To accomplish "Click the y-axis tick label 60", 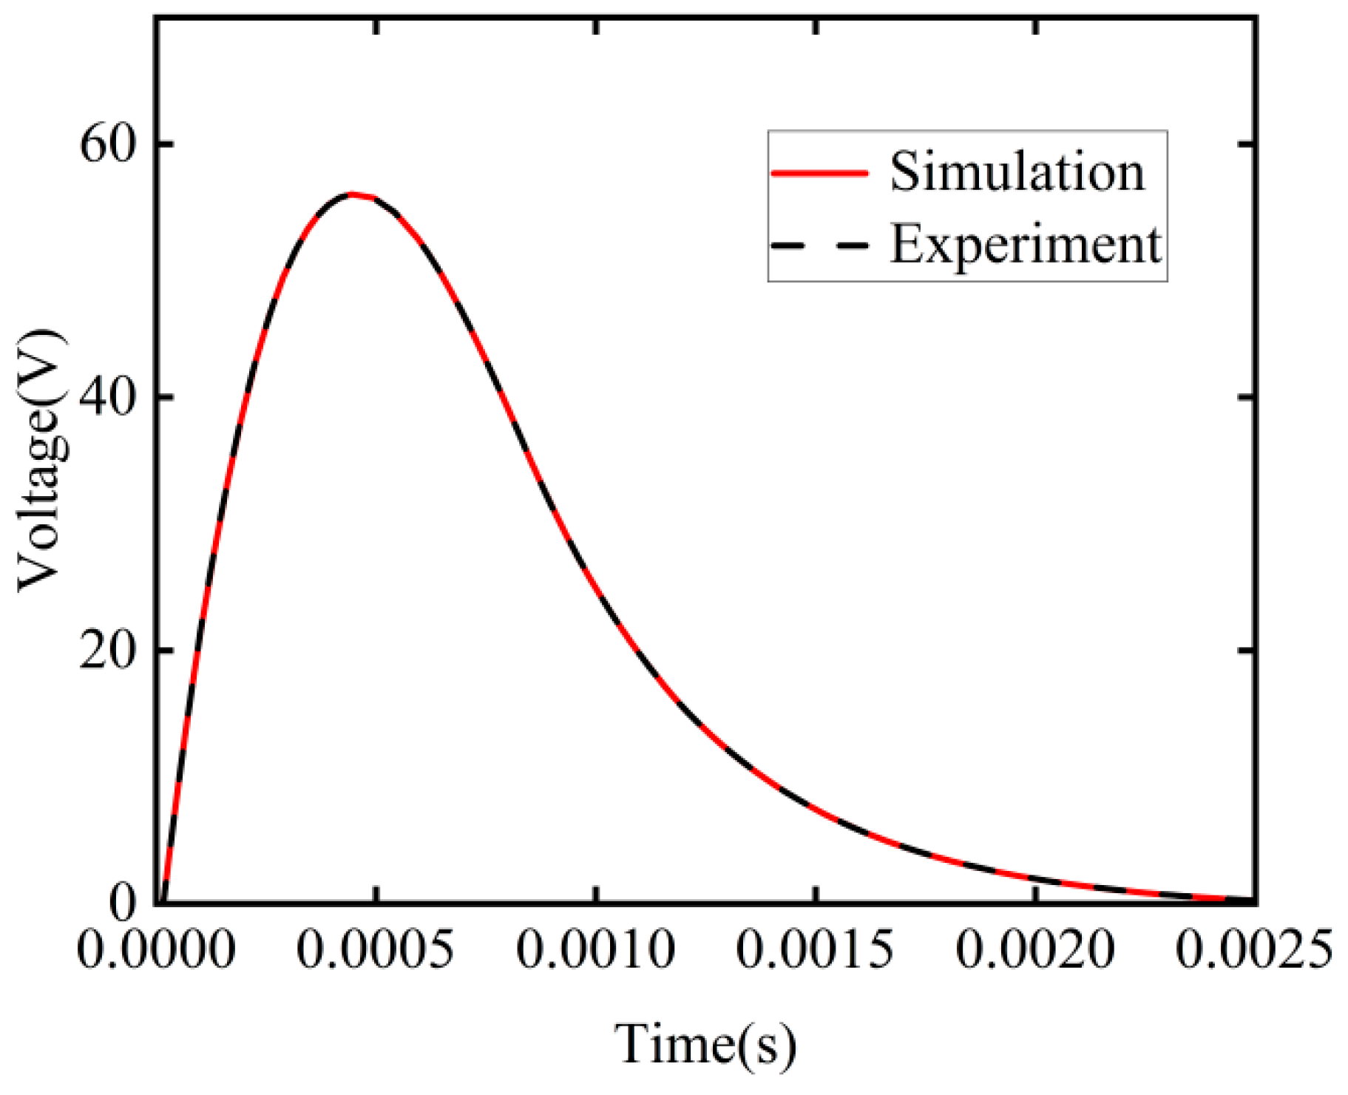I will click(109, 143).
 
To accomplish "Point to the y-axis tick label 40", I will click(109, 397).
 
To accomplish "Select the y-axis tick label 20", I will click(109, 651).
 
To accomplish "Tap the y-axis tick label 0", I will click(124, 902).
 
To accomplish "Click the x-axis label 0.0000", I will click(156, 949).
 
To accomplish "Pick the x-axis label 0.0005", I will click(376, 949).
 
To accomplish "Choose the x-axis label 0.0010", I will click(595, 949).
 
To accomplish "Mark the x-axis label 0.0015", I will click(815, 949).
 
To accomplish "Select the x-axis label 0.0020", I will click(1035, 949).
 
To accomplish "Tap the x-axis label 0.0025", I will click(1254, 949).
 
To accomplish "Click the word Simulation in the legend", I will click(1017, 172).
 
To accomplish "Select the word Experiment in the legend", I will click(1026, 244).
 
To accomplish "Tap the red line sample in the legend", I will click(819, 173).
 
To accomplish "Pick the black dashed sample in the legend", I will click(819, 245).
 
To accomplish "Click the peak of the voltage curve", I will click(353, 194).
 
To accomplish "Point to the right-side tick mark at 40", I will click(1246, 397).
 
